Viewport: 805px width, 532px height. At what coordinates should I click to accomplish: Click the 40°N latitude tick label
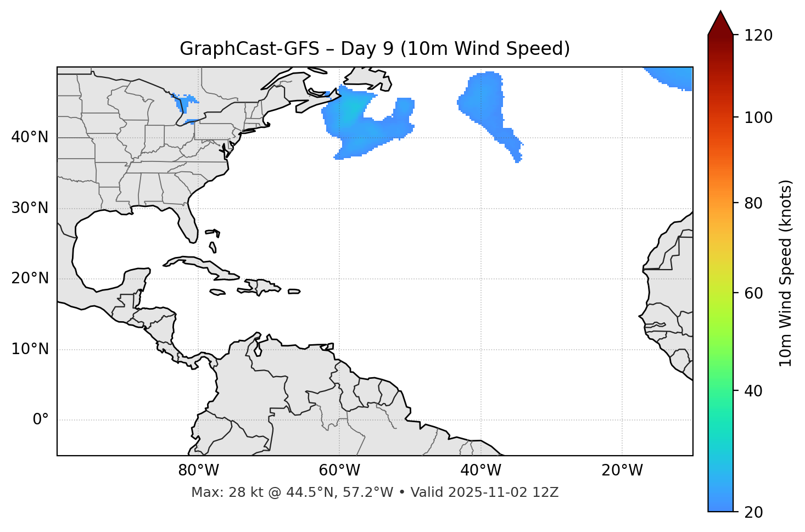click(x=30, y=137)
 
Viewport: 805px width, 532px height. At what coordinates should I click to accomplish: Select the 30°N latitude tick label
click(x=30, y=208)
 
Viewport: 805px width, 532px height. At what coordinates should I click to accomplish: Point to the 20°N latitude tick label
click(x=30, y=278)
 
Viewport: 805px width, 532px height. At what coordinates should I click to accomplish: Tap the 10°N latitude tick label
click(x=30, y=349)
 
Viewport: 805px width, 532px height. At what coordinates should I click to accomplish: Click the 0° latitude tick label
click(x=40, y=420)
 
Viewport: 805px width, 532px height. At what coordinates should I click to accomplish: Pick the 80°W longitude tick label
click(x=198, y=471)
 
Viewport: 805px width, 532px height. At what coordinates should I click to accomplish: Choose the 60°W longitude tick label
click(x=339, y=471)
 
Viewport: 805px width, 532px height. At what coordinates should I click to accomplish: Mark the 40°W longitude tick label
click(x=480, y=471)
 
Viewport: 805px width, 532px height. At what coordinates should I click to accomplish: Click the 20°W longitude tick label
click(x=622, y=471)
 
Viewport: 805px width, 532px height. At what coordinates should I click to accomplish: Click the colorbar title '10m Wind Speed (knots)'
click(x=786, y=273)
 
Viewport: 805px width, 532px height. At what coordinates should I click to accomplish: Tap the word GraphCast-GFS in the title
click(x=249, y=49)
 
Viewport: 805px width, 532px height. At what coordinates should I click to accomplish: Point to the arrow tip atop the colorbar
click(x=720, y=12)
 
